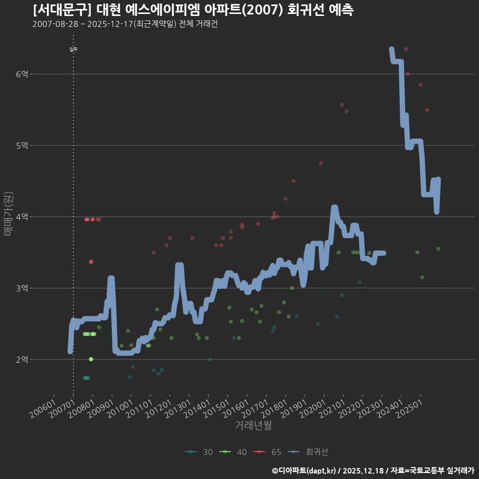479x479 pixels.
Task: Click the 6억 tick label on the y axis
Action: [22, 74]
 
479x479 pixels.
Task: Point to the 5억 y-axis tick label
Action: [22, 146]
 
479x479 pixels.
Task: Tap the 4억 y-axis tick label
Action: [22, 217]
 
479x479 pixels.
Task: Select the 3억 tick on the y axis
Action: [22, 288]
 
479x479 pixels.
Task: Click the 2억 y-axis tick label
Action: [22, 360]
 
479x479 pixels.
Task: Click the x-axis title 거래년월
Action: [253, 426]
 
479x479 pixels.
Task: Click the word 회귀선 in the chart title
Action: [306, 10]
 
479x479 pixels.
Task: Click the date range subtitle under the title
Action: [125, 24]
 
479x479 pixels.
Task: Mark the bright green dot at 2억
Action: [91, 359]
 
